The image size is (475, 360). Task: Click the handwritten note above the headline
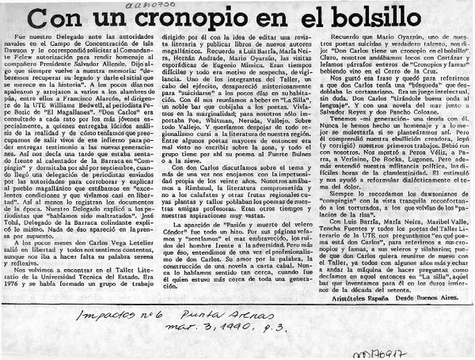pyautogui.click(x=175, y=7)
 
